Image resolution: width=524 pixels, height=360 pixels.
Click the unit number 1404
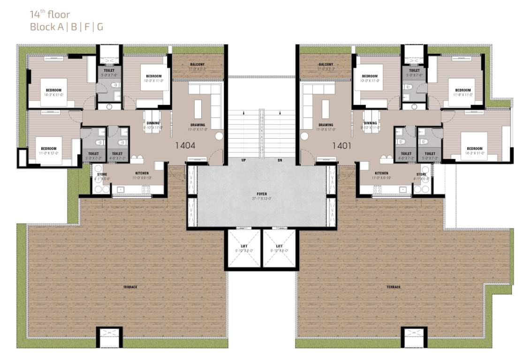pos(185,146)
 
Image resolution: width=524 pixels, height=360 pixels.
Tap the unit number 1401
pos(342,146)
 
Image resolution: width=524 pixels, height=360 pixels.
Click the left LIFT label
pos(243,246)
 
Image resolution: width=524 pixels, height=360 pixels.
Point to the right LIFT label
pos(279,246)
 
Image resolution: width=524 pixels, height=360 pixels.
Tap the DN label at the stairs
pos(280,160)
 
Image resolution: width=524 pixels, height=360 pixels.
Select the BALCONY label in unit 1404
pos(197,65)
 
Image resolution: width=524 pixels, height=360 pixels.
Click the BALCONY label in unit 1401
pos(326,65)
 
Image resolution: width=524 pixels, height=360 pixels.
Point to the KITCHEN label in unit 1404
pos(142,173)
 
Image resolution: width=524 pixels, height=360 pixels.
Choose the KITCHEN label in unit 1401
pos(381,173)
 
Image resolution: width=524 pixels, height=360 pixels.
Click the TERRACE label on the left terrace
pos(130,287)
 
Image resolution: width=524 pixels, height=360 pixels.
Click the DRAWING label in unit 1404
pos(197,125)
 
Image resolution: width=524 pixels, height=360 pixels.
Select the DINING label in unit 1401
pos(370,123)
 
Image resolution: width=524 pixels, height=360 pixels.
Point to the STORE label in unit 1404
pos(102,174)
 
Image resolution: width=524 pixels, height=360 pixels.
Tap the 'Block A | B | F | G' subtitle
pos(67,27)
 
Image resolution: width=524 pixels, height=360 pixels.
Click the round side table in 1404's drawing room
pos(219,136)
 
